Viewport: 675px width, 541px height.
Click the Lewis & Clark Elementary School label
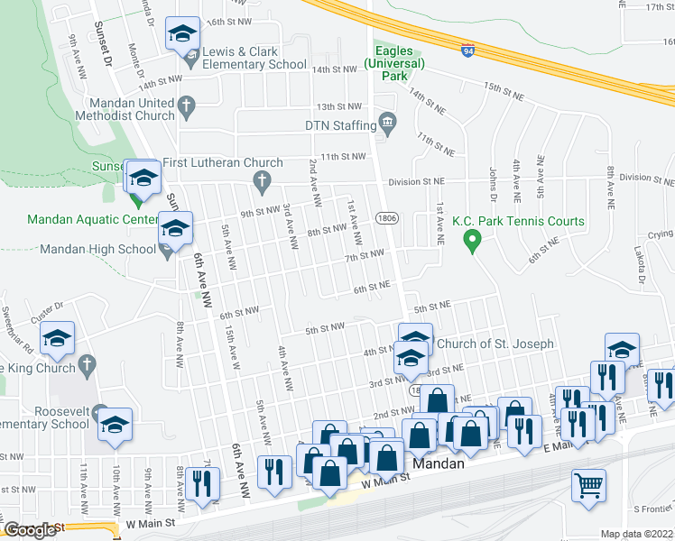(254, 59)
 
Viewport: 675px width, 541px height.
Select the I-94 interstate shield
(467, 51)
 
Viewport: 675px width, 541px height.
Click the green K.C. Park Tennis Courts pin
(470, 240)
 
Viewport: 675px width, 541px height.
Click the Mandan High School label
(98, 250)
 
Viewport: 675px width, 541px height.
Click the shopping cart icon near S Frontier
(588, 487)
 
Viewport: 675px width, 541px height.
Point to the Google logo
(31, 530)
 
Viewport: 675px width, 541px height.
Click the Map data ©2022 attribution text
(637, 534)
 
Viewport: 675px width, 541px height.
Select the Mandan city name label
(438, 464)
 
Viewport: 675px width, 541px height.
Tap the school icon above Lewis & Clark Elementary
(182, 36)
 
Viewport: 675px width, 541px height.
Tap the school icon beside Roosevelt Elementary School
(116, 425)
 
